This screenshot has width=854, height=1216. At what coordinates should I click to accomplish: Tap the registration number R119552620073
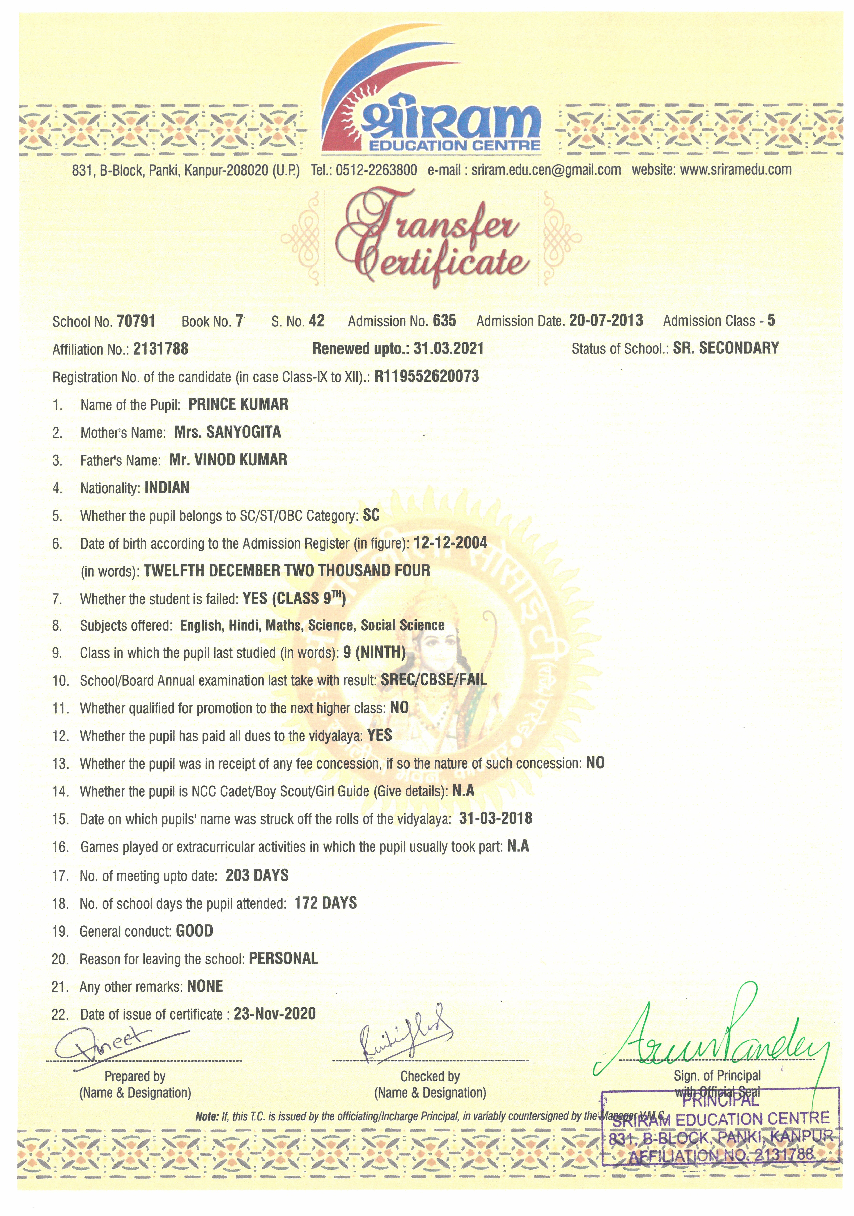pyautogui.click(x=426, y=377)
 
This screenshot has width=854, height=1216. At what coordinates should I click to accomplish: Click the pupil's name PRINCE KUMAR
pyautogui.click(x=238, y=405)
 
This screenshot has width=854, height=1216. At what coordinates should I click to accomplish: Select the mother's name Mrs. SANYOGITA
pyautogui.click(x=227, y=432)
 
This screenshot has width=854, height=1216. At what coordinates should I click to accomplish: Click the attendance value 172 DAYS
pyautogui.click(x=325, y=903)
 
